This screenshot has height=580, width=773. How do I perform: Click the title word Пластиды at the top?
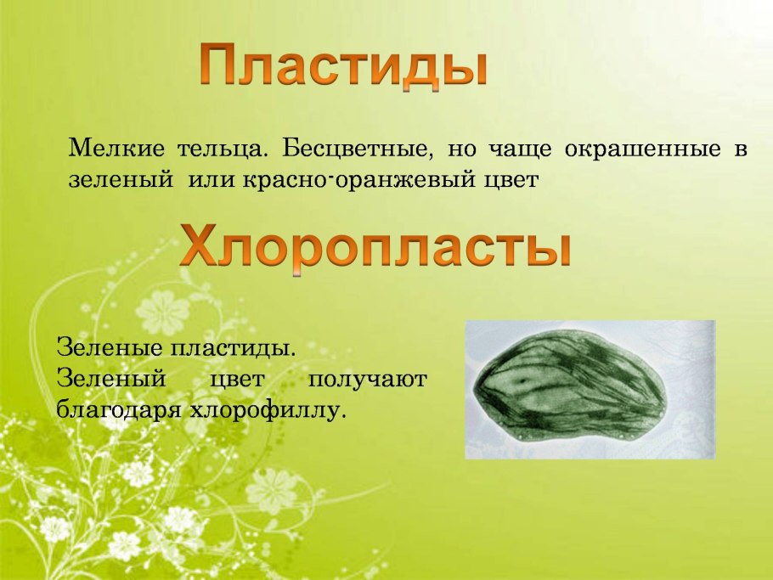(x=344, y=66)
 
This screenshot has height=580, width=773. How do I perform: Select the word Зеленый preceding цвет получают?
(x=104, y=379)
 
